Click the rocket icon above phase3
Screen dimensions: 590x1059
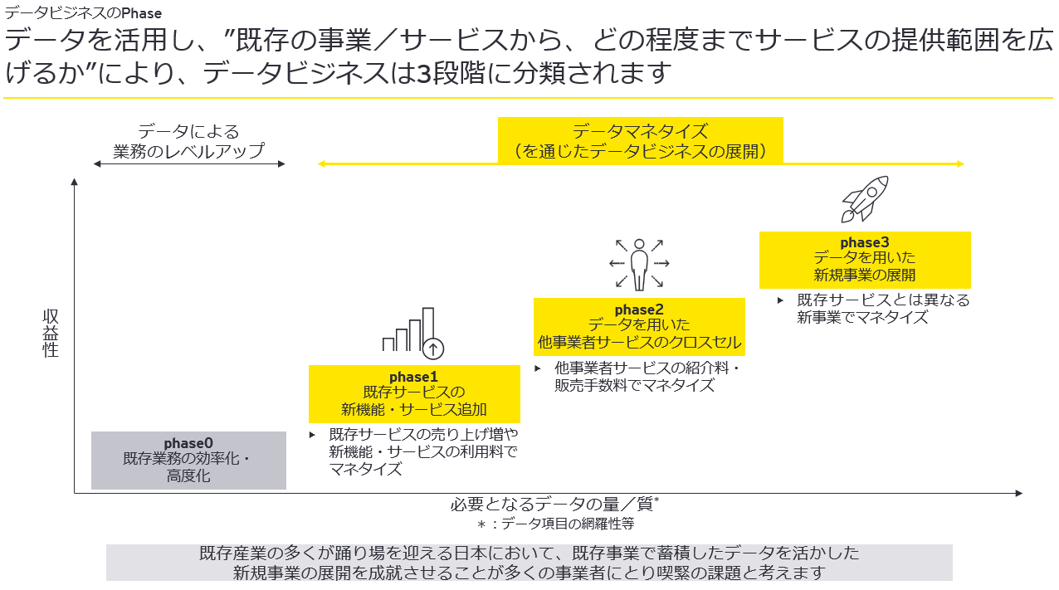(x=865, y=198)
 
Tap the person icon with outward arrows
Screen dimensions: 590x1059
(x=638, y=265)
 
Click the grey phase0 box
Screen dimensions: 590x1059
(x=188, y=460)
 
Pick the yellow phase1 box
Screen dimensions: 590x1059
(x=414, y=393)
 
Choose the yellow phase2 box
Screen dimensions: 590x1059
(x=638, y=326)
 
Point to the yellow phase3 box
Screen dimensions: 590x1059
(x=865, y=259)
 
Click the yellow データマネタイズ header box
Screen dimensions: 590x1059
(x=640, y=139)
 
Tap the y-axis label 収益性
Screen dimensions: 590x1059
(x=51, y=334)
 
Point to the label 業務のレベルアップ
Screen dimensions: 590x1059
(x=188, y=151)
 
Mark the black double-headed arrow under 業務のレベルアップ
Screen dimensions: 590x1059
(x=188, y=164)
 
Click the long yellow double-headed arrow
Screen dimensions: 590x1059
(x=640, y=164)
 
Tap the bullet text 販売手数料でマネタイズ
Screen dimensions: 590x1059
(x=634, y=385)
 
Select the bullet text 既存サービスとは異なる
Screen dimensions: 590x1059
(x=882, y=300)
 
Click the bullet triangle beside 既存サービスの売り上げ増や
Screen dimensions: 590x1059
(x=313, y=434)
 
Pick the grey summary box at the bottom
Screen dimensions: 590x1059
(x=529, y=563)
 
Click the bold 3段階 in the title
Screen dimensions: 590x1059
(x=449, y=73)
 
